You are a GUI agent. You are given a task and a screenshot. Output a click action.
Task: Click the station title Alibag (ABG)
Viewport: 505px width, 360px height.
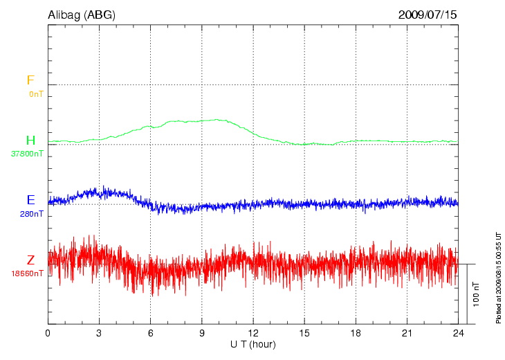point(80,15)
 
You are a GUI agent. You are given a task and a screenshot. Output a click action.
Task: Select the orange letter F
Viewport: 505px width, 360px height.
point(30,81)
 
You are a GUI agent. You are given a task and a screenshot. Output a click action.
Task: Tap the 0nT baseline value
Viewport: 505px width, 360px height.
point(36,93)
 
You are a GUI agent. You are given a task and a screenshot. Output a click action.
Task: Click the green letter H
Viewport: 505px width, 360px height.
point(30,141)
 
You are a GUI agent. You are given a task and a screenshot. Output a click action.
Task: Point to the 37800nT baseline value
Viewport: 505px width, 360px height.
point(27,154)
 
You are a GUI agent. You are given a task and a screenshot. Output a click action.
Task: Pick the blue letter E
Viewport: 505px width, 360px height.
point(30,200)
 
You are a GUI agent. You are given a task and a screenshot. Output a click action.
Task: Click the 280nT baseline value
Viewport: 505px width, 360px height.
point(32,214)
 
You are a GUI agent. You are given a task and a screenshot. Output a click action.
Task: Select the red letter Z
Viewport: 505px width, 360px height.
point(30,260)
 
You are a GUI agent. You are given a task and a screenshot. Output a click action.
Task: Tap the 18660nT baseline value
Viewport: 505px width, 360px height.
point(27,273)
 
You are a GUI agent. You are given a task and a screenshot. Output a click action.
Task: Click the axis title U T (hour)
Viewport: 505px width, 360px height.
point(252,344)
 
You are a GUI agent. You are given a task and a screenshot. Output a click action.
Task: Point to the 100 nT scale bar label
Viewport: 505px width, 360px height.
point(476,294)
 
